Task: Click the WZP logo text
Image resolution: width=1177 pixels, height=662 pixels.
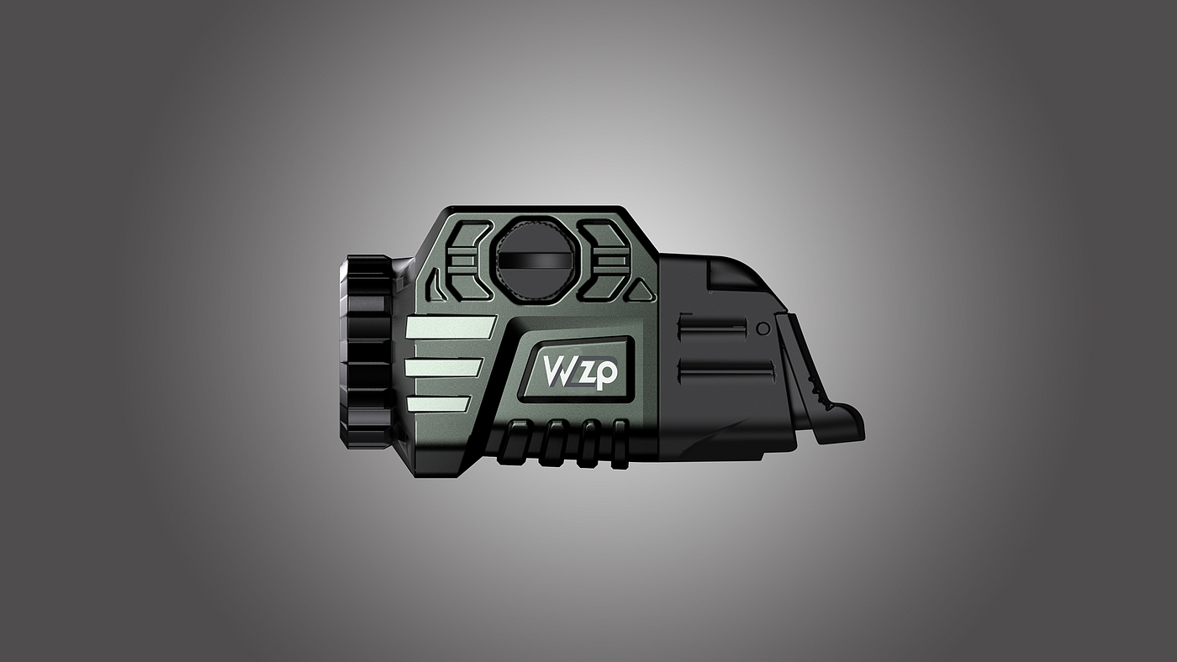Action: tap(579, 372)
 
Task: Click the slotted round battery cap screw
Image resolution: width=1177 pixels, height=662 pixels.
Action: tap(532, 261)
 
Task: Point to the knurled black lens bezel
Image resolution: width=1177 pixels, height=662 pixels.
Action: tap(368, 353)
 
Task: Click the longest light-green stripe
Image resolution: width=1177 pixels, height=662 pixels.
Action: tap(451, 328)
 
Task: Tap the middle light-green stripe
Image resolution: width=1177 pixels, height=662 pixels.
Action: tap(444, 368)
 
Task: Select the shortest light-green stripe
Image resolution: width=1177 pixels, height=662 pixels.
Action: tap(437, 403)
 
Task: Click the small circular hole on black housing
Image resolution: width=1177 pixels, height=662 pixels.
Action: tap(763, 328)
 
